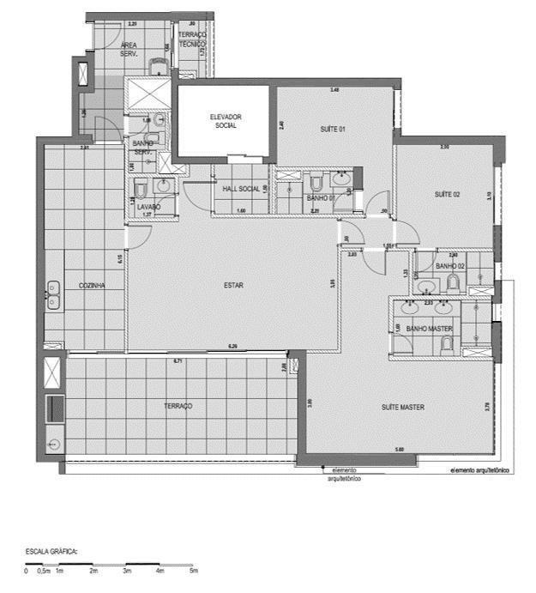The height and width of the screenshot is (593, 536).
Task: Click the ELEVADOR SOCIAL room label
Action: [x=225, y=121]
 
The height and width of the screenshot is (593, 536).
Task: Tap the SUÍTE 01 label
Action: [x=333, y=129]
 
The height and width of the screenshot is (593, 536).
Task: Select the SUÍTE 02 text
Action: [x=447, y=195]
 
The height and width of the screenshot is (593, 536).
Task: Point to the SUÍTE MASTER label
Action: [x=403, y=407]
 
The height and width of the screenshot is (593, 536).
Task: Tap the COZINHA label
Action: [x=92, y=286]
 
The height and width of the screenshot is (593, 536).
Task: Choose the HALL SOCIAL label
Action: [x=240, y=189]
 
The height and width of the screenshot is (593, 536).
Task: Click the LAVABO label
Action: [x=148, y=207]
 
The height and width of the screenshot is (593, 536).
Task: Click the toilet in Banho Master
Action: [x=445, y=345]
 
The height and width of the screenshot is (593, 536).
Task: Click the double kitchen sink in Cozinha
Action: [x=53, y=295]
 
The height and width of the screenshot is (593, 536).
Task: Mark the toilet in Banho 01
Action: [x=316, y=181]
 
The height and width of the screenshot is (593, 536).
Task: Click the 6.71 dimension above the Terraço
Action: [x=178, y=361]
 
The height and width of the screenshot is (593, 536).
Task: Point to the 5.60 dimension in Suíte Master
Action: [x=400, y=449]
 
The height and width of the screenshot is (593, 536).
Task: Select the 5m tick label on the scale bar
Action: [x=194, y=570]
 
